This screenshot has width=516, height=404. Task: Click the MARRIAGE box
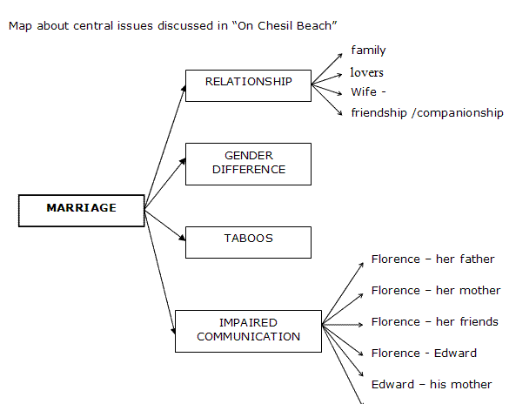point(81,211)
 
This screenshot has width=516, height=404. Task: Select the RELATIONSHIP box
point(249,85)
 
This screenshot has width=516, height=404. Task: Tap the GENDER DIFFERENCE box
point(249,164)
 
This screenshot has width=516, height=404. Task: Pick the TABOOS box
point(249,242)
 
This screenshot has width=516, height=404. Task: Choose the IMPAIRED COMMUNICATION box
point(249,331)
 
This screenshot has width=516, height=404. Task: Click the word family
point(368,50)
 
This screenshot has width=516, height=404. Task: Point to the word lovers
point(367,72)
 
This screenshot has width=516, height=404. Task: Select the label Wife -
point(368,92)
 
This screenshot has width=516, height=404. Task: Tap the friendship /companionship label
point(427,113)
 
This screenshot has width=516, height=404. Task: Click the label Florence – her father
point(432,259)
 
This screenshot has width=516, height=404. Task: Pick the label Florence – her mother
point(436,291)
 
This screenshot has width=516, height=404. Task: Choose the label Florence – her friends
point(435,321)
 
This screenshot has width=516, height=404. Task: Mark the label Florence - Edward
point(424,353)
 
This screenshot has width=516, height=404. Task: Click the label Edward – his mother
point(432,384)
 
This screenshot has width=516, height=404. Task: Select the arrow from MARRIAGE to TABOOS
point(165,226)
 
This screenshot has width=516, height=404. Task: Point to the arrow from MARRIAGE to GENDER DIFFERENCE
point(165,184)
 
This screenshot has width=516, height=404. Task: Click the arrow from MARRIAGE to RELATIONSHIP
point(165,147)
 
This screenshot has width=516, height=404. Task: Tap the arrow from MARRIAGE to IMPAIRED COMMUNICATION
point(160,272)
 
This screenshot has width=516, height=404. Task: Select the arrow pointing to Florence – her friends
point(343,325)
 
